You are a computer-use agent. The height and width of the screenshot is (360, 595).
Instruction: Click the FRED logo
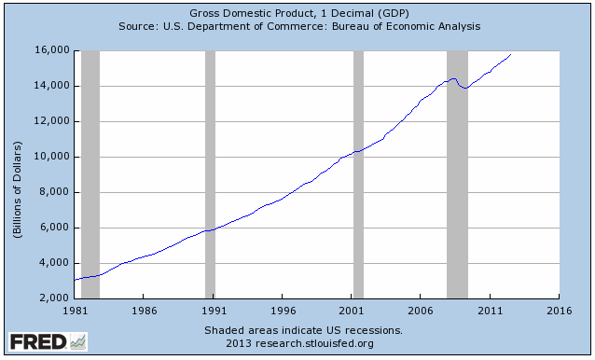pyautogui.click(x=47, y=342)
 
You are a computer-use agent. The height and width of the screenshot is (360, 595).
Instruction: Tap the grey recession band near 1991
pyautogui.click(x=210, y=174)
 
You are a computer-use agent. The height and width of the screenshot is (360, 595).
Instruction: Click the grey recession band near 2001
pyautogui.click(x=358, y=174)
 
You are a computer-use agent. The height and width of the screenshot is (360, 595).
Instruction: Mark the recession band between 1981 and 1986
pyautogui.click(x=90, y=174)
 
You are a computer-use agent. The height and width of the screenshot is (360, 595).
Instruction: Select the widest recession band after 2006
pyautogui.click(x=457, y=174)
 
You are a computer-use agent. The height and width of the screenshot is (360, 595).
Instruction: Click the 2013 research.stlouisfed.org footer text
pyautogui.click(x=299, y=343)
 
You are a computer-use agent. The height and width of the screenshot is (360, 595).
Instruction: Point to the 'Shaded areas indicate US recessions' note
pyautogui.click(x=299, y=330)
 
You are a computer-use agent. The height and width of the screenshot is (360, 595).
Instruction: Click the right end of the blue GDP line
pyautogui.click(x=511, y=55)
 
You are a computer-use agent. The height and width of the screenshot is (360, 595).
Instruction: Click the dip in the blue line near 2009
pyautogui.click(x=464, y=89)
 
